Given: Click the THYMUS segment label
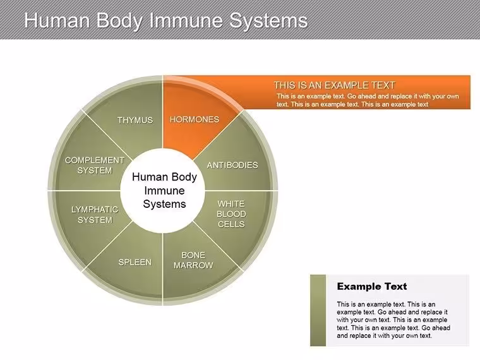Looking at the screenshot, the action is coord(135,120).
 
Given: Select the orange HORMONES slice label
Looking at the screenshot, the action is coord(195,119).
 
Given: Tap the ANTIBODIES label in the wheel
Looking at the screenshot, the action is coord(232,165).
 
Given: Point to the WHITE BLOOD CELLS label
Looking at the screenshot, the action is coord(231,214).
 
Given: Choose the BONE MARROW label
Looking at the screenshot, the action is coord(193,260).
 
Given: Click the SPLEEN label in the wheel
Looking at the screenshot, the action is coord(135,262).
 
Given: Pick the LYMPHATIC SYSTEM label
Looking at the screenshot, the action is coord(95,215).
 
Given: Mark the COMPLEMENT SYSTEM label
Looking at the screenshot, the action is coord(95,165).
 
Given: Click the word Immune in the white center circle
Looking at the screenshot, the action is coord(164,191).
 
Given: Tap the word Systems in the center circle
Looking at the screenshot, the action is coord(164,204).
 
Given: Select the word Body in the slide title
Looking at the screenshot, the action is coord(119,20).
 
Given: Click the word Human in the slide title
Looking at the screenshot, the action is coord(57,20).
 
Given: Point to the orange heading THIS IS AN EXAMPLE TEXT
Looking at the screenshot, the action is coord(334,85).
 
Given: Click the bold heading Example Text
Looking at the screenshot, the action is coord(372,287).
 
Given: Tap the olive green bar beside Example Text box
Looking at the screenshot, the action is coord(318,310).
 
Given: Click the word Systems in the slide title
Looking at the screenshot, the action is coord(268,20).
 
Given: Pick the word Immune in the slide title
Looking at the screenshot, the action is coord(186,20).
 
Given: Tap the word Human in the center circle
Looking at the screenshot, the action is coord(146,177).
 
